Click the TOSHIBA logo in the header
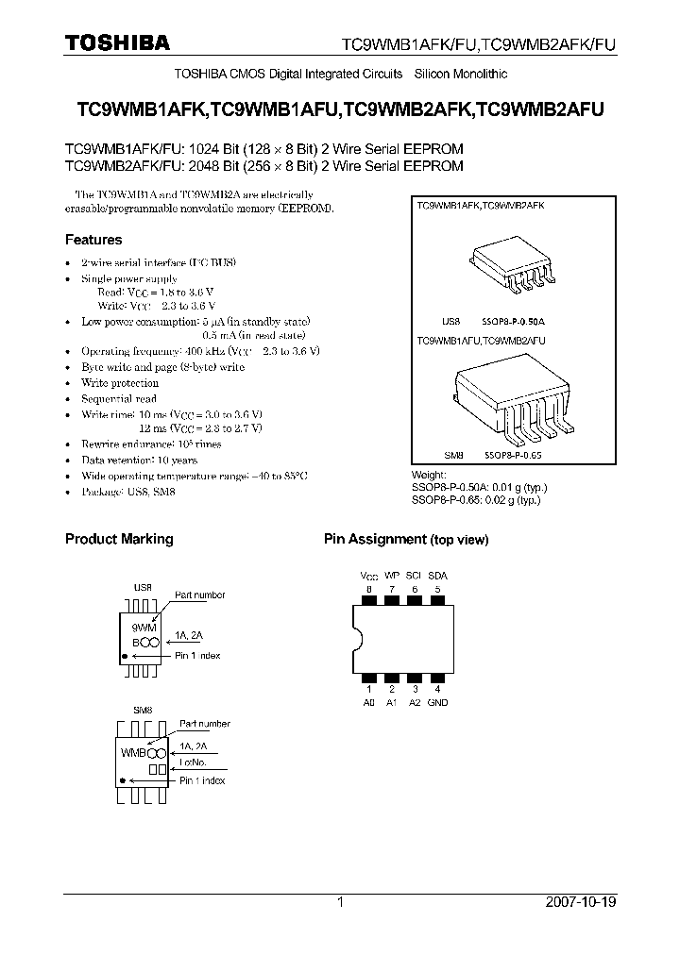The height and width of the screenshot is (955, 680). (117, 43)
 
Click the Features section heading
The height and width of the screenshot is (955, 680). (93, 240)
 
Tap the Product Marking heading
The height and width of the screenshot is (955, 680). (119, 539)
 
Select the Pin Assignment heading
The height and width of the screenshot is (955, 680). (376, 539)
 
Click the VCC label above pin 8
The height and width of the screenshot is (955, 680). (369, 575)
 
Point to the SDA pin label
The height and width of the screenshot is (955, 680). (437, 575)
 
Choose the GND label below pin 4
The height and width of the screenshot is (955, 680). (437, 702)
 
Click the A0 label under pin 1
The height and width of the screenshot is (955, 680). (369, 702)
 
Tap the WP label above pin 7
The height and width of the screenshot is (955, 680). (392, 575)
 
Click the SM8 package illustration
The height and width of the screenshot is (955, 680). (510, 401)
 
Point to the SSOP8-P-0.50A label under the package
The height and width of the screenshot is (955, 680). (515, 321)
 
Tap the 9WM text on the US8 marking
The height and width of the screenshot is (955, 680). (144, 627)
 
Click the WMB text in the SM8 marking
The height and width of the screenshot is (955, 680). (133, 753)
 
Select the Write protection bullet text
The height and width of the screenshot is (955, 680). (120, 383)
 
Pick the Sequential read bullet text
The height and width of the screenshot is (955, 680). (118, 399)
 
